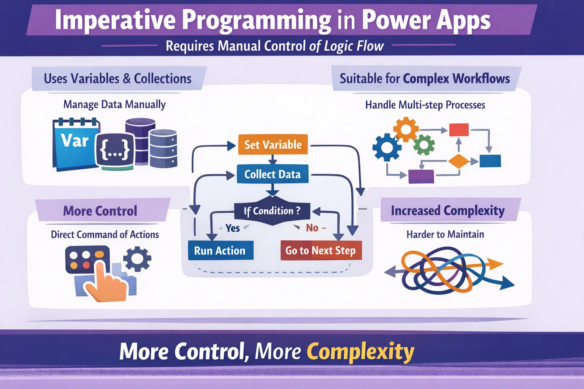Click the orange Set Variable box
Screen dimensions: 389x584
pos(273,144)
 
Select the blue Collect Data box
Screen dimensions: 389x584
pos(272,174)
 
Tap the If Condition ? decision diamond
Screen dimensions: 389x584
pos(272,210)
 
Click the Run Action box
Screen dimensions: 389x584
pos(220,250)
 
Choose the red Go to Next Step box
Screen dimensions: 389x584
pos(321,250)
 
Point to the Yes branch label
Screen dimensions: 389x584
pos(232,228)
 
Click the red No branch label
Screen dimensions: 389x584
pos(312,228)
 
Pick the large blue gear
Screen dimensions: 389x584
pos(387,147)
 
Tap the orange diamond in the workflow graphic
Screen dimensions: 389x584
pos(459,161)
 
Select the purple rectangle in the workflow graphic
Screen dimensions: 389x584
pos(421,176)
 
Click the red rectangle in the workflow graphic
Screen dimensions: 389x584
pos(459,130)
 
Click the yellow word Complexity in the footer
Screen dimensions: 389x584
pos(360,351)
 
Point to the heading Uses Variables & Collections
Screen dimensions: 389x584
pos(117,79)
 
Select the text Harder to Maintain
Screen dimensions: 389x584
pos(445,234)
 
